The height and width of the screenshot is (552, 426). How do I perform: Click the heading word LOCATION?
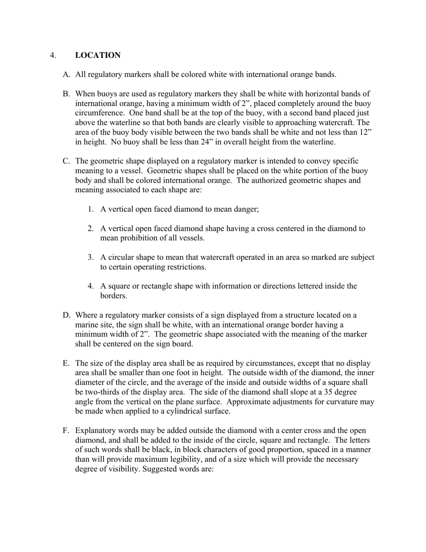coord(98,55)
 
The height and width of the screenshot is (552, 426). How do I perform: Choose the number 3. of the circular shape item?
coord(91,257)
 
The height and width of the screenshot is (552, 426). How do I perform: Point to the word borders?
coord(113,296)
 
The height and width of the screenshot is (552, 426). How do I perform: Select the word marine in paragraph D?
coord(87,324)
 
